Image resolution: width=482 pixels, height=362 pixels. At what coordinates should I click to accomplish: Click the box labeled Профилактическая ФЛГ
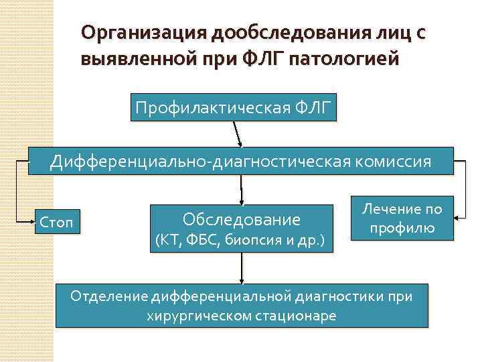coord(233,107)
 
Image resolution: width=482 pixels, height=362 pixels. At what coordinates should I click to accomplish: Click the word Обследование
coord(242,219)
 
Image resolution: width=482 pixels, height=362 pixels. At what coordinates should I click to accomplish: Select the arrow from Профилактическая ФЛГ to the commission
coord(238,134)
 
